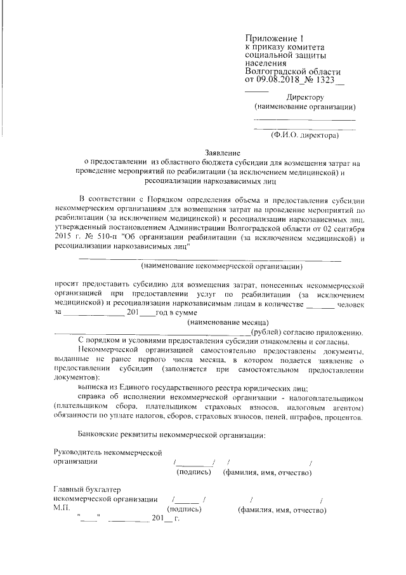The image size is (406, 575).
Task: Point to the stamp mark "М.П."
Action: [62, 509]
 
